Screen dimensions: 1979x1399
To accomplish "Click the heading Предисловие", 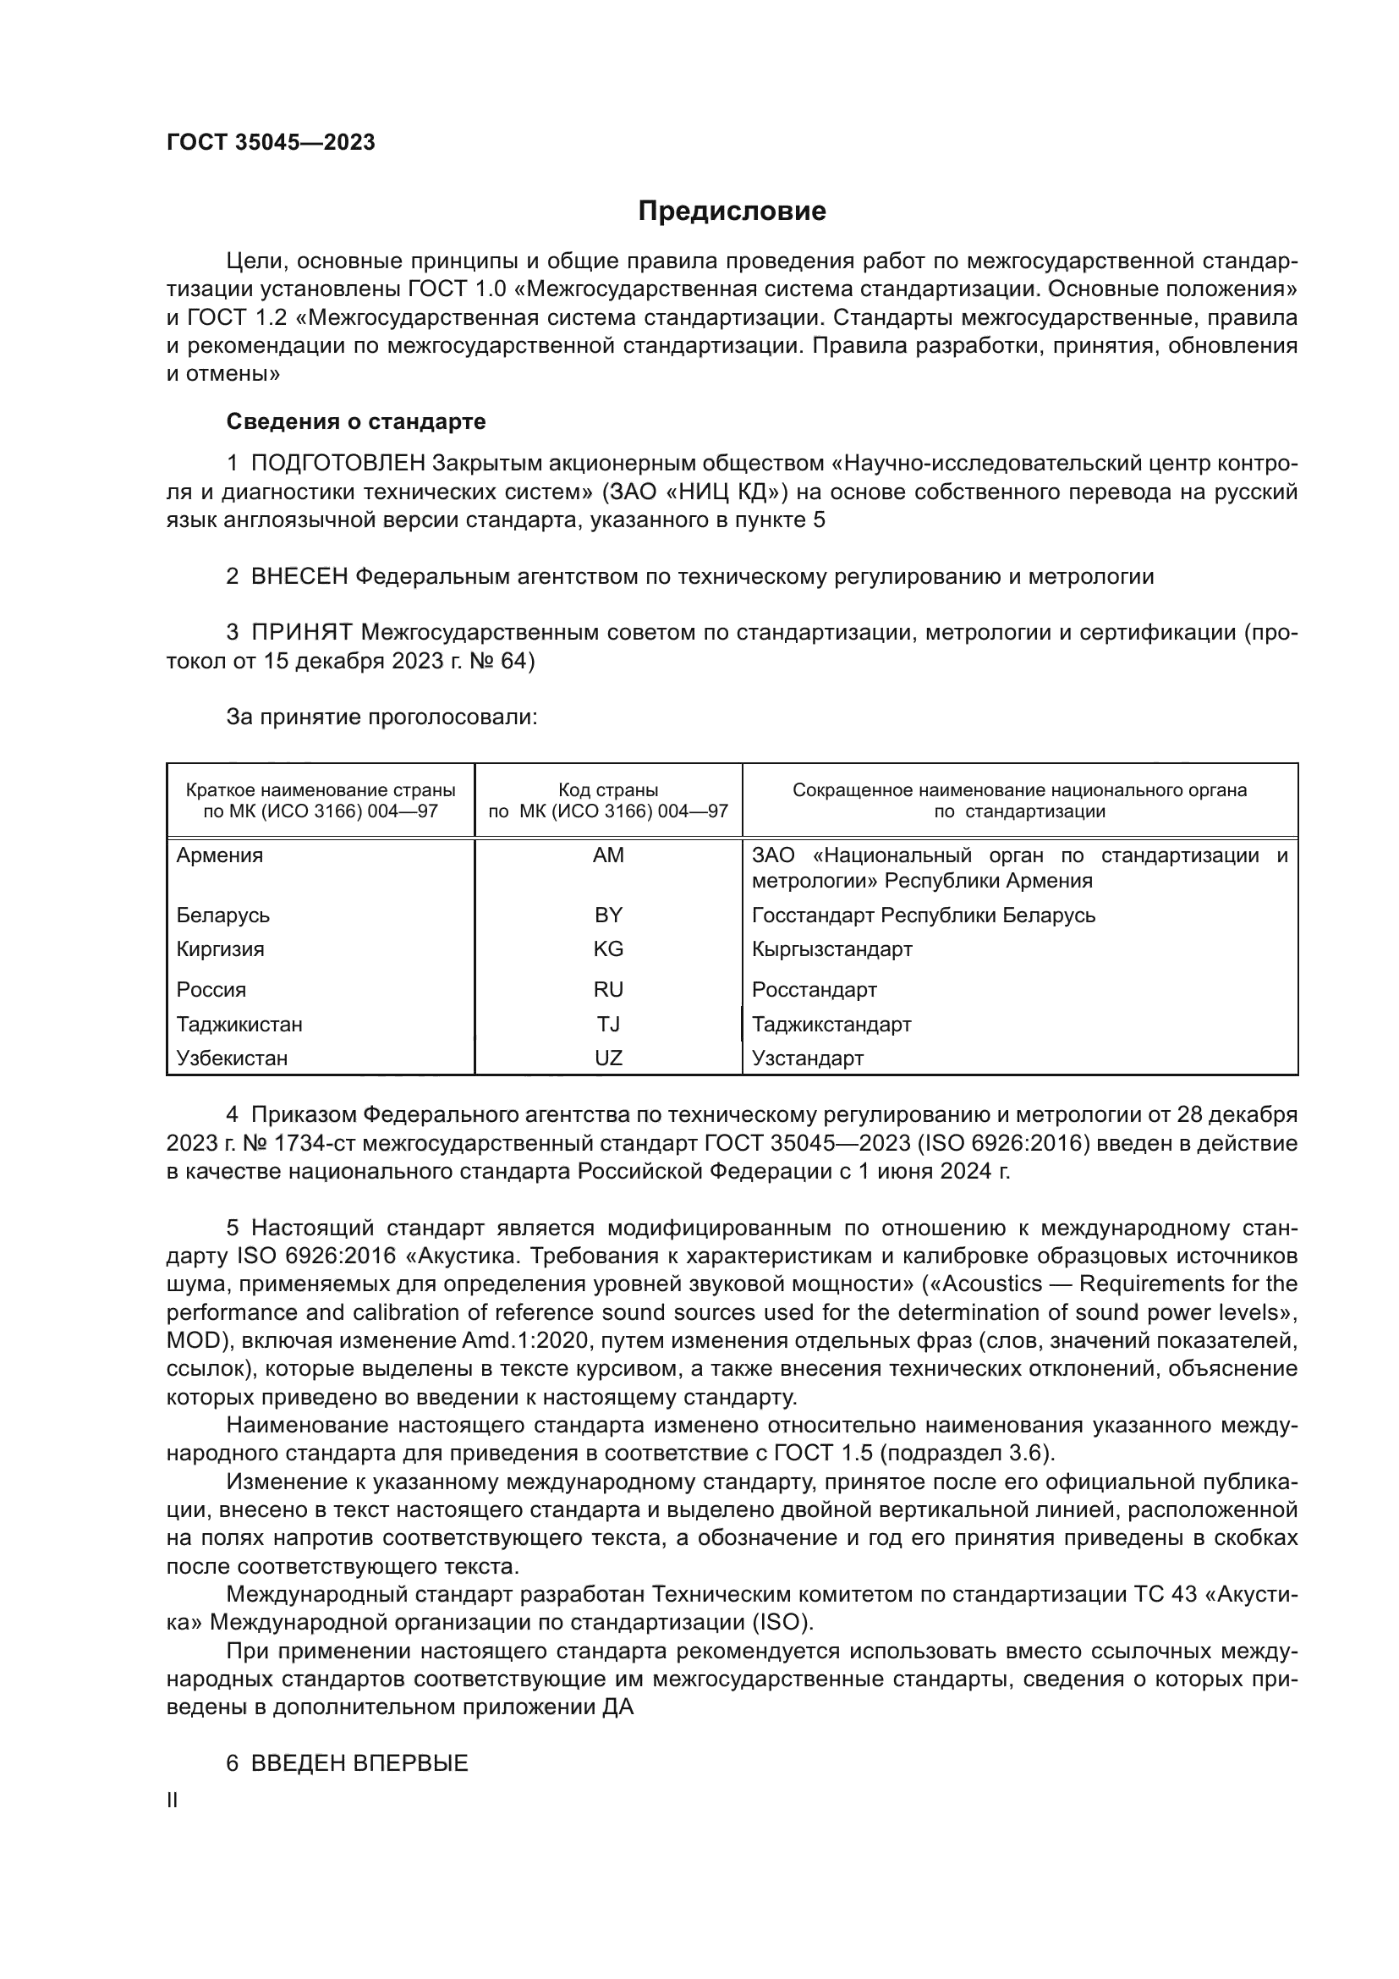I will tap(732, 212).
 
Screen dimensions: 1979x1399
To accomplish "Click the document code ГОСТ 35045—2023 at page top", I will tap(271, 142).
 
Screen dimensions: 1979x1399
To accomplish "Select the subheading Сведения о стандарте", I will tap(356, 421).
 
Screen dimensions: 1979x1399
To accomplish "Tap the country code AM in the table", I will tap(608, 855).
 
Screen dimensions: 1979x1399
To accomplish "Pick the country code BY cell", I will tap(608, 915).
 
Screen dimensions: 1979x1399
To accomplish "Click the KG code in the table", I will tap(608, 949).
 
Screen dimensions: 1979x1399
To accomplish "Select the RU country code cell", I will tap(608, 990).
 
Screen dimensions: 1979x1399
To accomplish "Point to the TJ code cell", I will tap(608, 1024).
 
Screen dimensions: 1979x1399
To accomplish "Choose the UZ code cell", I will tap(608, 1058).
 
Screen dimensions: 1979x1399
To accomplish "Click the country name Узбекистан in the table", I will tap(232, 1058).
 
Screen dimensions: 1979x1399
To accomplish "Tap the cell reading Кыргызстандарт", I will tap(831, 949).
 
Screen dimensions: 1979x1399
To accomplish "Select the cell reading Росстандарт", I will tap(814, 990).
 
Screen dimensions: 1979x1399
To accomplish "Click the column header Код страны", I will tap(608, 790).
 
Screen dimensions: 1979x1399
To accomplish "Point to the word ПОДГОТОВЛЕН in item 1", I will tap(337, 464).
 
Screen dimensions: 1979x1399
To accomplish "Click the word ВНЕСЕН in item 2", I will tap(299, 577).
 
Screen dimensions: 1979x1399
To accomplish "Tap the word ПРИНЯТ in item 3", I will tap(302, 633).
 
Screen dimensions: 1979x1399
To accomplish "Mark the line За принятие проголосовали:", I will tap(381, 717).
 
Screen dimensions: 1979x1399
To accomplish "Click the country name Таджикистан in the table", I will tap(239, 1024).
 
